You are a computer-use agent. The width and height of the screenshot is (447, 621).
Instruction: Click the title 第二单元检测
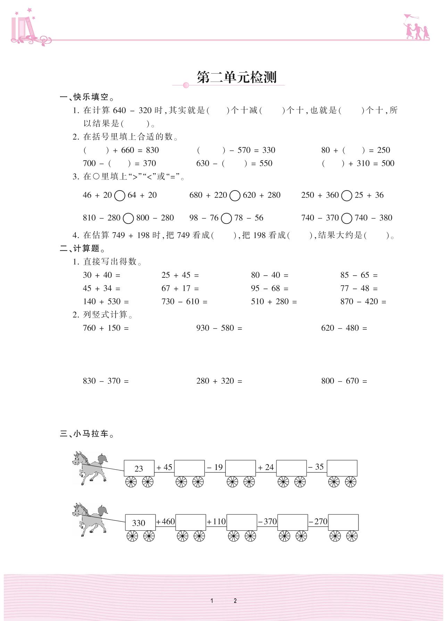point(236,77)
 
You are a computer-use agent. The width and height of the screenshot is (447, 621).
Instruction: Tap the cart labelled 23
point(139,468)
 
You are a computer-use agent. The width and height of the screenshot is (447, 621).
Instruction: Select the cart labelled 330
point(140,522)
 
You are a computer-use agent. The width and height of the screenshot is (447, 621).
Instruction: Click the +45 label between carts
point(164,467)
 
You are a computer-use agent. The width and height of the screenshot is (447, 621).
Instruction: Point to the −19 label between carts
point(215,467)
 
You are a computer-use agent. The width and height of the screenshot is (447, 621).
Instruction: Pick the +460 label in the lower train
point(165,521)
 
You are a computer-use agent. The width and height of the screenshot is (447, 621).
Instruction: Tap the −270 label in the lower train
point(318,521)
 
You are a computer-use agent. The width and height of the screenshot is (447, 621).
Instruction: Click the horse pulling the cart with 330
point(90,519)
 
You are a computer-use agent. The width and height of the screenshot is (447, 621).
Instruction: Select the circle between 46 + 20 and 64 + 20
point(119,196)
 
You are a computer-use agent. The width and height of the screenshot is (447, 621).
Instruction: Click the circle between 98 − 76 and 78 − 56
point(226,218)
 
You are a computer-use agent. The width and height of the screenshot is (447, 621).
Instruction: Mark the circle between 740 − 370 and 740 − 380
point(347,218)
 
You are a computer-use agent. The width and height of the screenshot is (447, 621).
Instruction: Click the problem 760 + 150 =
point(106,328)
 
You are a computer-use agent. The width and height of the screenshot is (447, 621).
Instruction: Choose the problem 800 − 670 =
point(344,381)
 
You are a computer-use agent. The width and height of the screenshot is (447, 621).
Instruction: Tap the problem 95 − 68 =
point(270,288)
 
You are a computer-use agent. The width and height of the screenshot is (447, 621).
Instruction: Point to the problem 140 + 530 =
point(106,302)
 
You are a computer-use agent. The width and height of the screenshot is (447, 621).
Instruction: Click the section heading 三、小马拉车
point(87,434)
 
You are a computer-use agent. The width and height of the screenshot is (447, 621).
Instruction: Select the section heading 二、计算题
point(82,249)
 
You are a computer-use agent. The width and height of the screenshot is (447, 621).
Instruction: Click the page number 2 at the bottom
point(235,601)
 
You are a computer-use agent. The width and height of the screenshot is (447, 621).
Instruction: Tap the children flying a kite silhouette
point(416,28)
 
